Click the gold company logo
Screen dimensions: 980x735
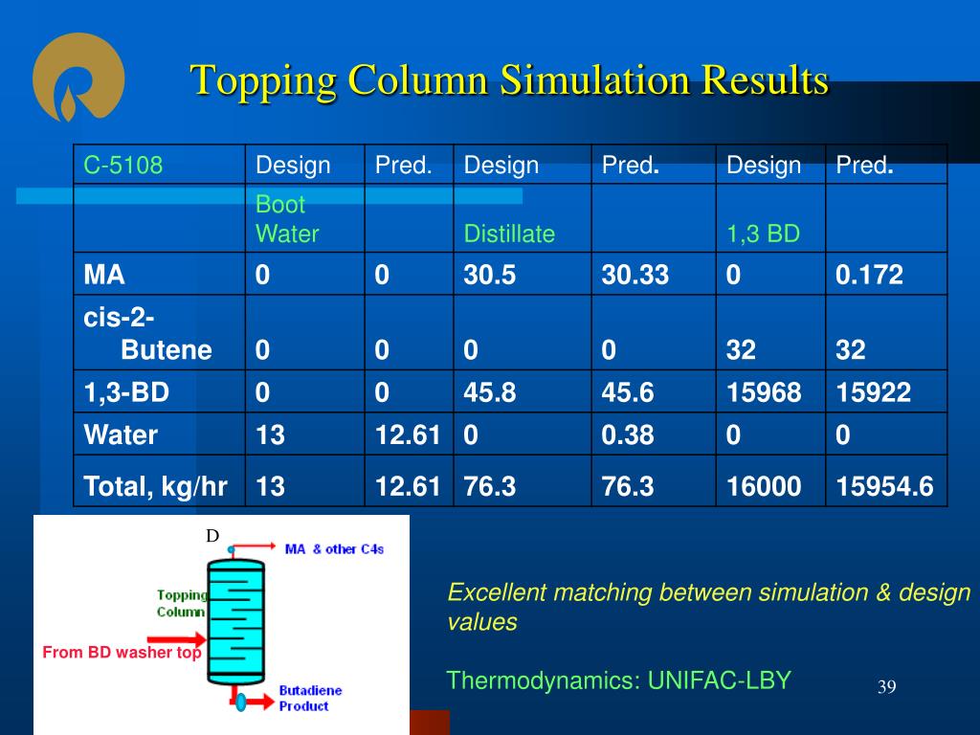(x=78, y=77)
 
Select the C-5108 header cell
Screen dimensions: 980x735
(x=123, y=165)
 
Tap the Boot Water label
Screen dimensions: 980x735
(x=287, y=219)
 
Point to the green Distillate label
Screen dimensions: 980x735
(x=509, y=234)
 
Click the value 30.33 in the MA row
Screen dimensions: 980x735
(x=635, y=275)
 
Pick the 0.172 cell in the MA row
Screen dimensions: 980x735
(x=869, y=275)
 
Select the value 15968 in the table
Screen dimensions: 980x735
(x=763, y=392)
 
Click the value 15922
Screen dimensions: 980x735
(x=873, y=392)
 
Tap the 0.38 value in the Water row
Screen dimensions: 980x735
(x=628, y=435)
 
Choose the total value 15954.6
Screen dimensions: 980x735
(x=884, y=486)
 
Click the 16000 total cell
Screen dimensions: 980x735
(x=763, y=486)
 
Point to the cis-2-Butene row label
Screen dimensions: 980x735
(x=147, y=334)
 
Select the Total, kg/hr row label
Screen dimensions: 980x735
(x=155, y=486)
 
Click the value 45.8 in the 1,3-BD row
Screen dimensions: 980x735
(x=489, y=392)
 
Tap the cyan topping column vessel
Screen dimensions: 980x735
(x=235, y=622)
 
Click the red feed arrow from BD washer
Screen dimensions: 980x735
(x=176, y=639)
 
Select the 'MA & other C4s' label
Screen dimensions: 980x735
(x=334, y=549)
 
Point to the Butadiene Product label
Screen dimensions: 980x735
(x=311, y=698)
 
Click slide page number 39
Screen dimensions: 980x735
(x=887, y=687)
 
